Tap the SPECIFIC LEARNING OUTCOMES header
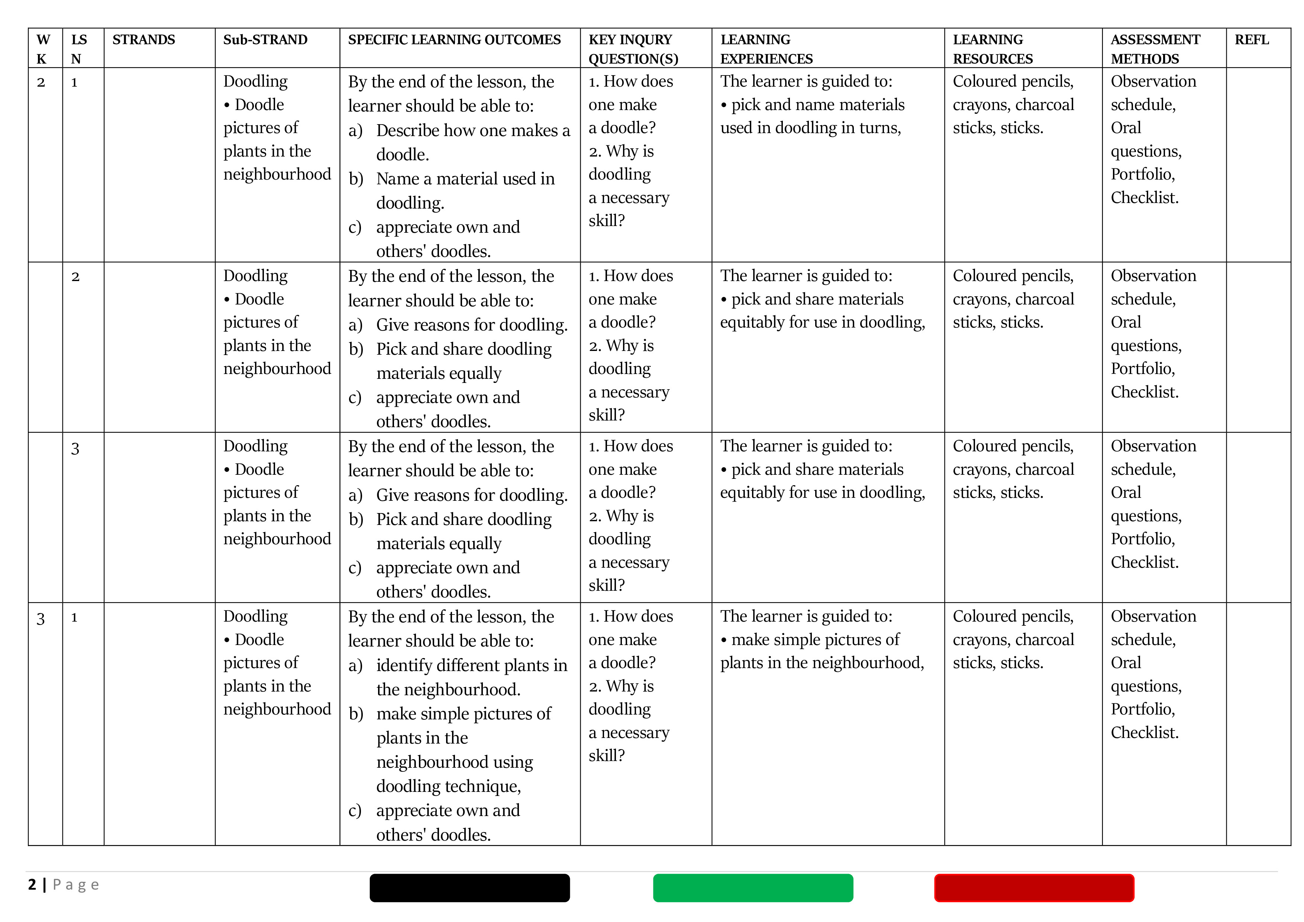click(x=454, y=40)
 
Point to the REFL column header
click(x=1251, y=40)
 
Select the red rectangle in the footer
click(x=1034, y=887)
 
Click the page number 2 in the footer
click(x=32, y=884)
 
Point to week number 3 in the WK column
click(x=41, y=619)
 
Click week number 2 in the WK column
click(x=41, y=83)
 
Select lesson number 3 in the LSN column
click(x=75, y=449)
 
